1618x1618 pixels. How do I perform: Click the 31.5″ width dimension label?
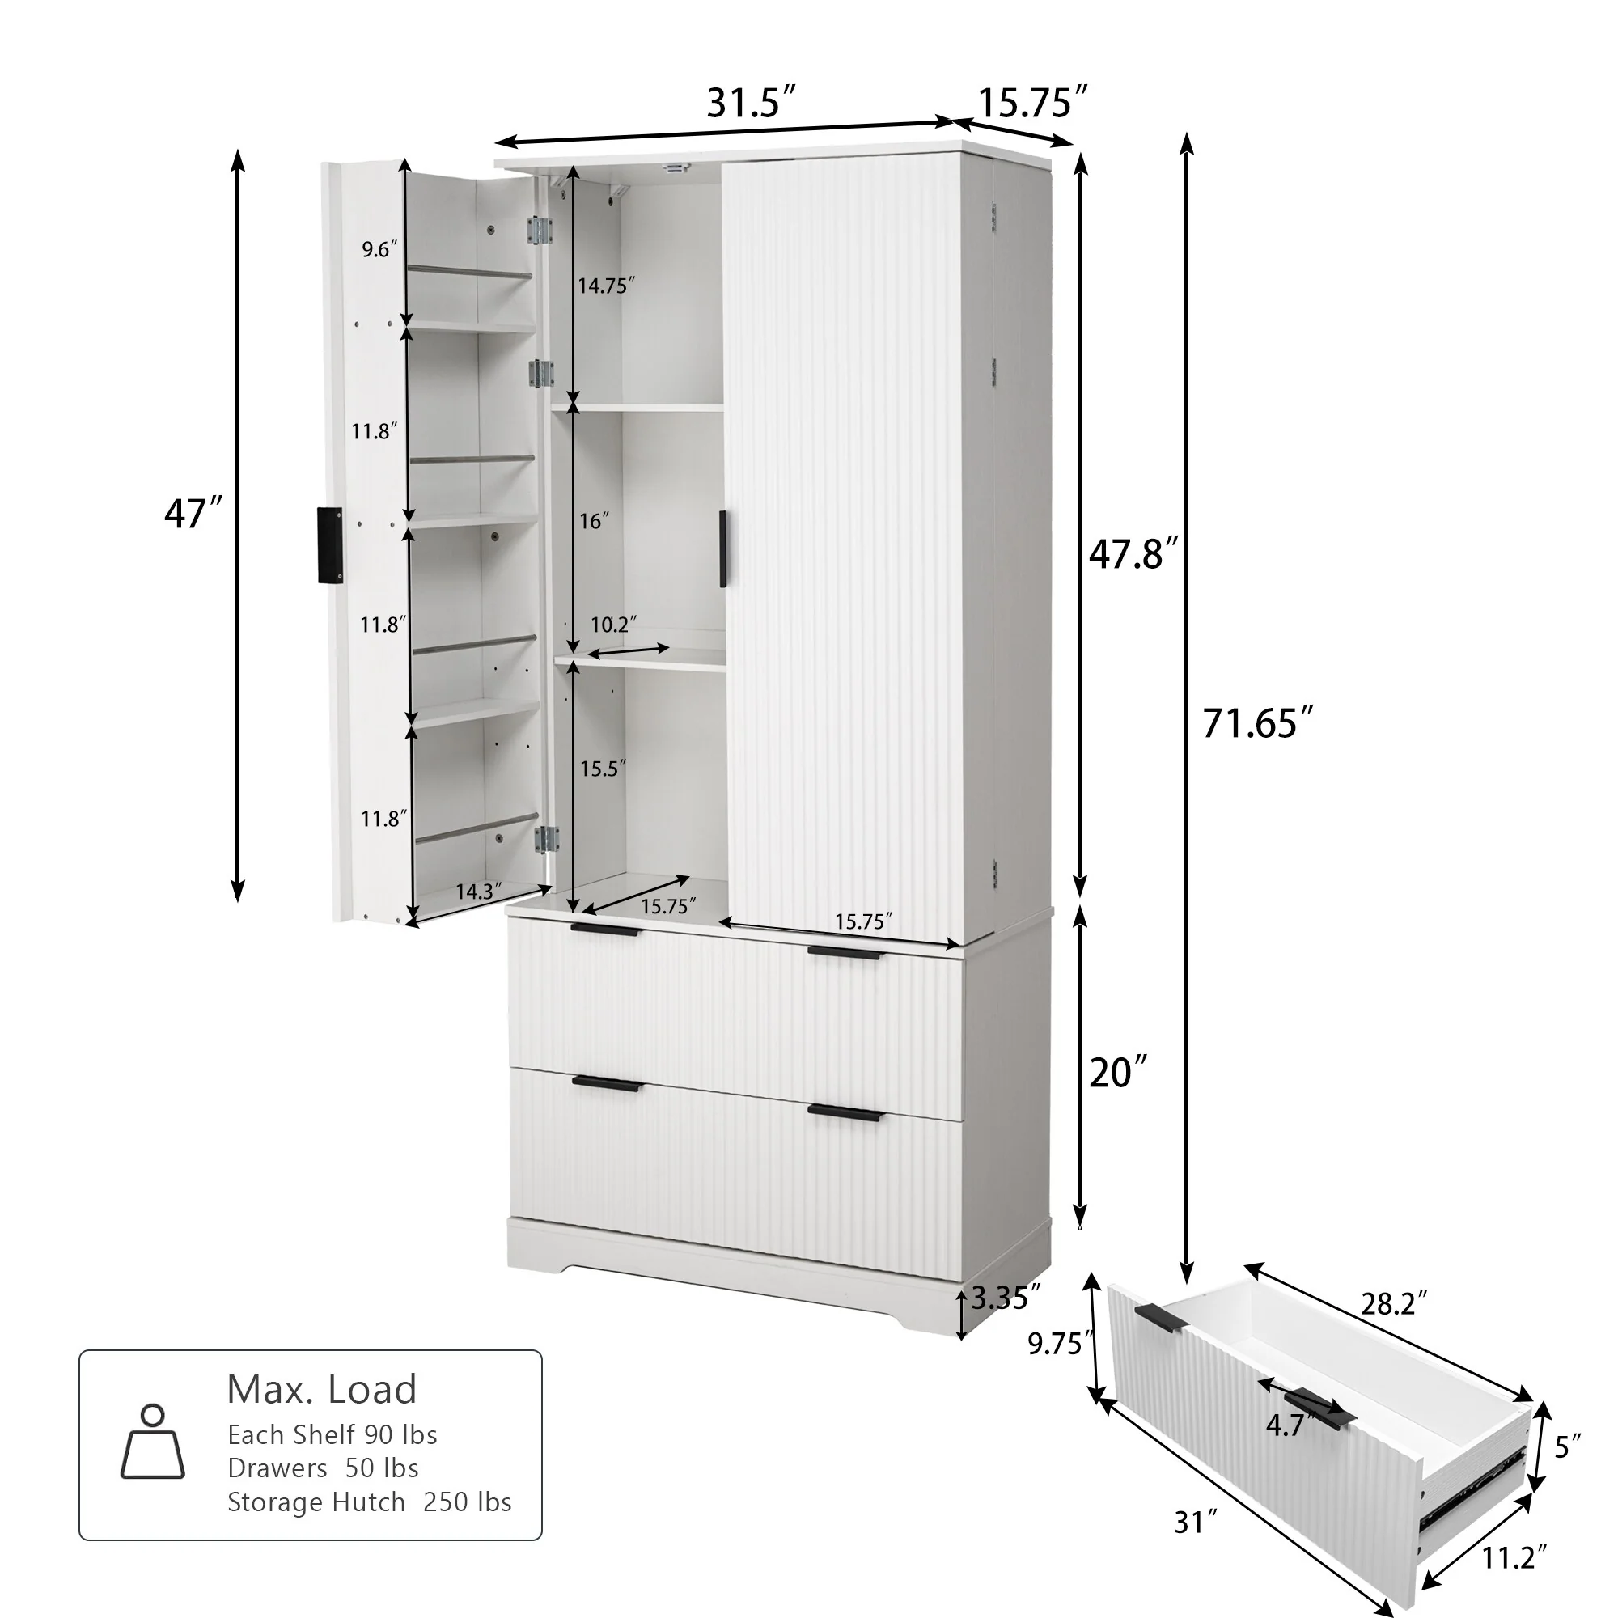point(750,103)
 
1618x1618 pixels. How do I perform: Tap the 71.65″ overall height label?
point(1257,723)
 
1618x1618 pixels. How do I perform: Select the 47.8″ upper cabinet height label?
point(1133,553)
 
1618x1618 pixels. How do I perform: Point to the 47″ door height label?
point(193,514)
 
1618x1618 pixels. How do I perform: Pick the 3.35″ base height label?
point(1005,1299)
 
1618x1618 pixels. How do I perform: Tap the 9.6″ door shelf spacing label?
point(379,248)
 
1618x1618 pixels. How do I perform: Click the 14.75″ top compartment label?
point(605,286)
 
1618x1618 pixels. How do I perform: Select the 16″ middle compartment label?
point(594,521)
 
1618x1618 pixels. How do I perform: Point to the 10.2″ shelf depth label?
point(613,624)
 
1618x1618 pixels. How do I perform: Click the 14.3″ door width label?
point(478,891)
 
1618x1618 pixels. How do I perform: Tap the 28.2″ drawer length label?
point(1394,1304)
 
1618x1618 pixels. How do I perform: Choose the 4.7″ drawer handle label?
point(1287,1425)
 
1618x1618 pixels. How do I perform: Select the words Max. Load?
point(322,1389)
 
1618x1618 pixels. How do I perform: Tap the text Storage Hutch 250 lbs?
point(370,1502)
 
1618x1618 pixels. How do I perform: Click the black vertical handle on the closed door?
point(722,549)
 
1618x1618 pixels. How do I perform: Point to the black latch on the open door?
point(330,544)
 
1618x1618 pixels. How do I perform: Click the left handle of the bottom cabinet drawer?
point(608,1085)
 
